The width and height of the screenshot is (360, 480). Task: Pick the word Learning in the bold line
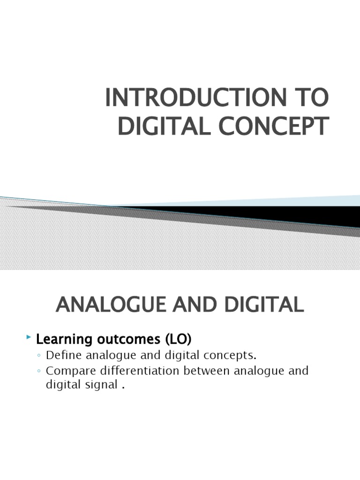(64, 340)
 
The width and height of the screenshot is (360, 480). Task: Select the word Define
(64, 355)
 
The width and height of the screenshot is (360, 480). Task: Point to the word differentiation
(140, 371)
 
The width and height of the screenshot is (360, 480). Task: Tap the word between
(207, 371)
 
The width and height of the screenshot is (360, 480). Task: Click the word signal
(102, 385)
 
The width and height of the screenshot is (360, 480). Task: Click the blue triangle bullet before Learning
(29, 337)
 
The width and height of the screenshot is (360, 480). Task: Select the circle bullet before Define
(39, 356)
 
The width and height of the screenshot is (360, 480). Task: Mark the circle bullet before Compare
(39, 371)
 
